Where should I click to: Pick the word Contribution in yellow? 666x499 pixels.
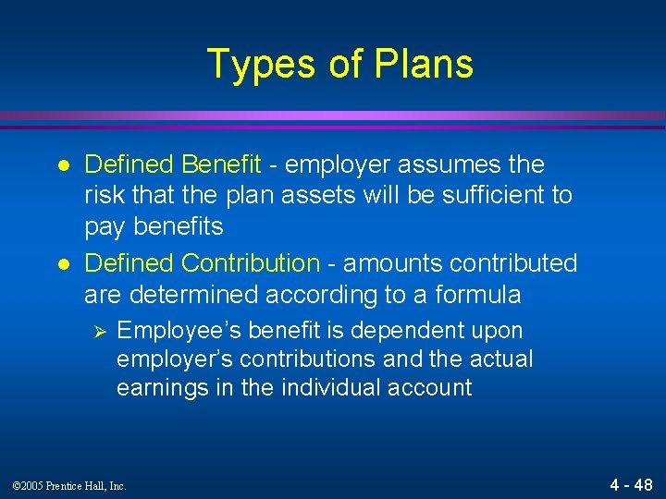pyautogui.click(x=251, y=263)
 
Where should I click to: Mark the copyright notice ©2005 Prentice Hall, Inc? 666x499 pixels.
pyautogui.click(x=71, y=484)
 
